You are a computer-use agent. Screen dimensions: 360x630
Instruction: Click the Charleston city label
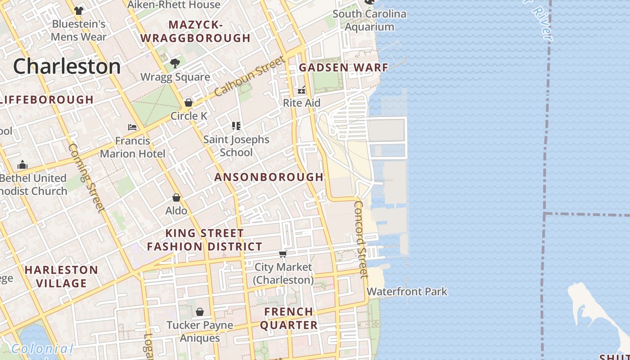tap(67, 67)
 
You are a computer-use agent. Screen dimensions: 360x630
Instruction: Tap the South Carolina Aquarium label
tap(369, 20)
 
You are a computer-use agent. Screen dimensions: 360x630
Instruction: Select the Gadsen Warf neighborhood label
tap(343, 68)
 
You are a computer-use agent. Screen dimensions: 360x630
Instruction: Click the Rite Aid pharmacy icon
tap(301, 90)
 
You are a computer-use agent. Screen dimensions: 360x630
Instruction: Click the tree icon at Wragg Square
tap(175, 63)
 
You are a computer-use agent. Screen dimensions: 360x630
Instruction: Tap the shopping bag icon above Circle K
tap(189, 103)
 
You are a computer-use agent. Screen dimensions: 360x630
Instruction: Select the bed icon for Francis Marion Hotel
tap(132, 127)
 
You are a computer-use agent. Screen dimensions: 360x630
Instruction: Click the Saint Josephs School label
tap(236, 146)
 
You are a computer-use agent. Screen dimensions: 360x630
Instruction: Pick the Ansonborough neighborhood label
tap(269, 177)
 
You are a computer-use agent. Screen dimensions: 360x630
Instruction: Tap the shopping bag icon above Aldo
tap(176, 198)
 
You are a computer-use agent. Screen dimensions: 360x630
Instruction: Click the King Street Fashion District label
tap(204, 240)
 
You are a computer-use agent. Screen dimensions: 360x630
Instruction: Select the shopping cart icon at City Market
tap(283, 254)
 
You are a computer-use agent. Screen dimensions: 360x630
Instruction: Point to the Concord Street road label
tap(360, 239)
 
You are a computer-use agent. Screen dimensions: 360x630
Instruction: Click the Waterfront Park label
tap(407, 292)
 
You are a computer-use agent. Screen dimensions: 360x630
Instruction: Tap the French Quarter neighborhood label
tap(288, 318)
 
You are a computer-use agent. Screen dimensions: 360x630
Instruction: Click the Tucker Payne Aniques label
tap(200, 331)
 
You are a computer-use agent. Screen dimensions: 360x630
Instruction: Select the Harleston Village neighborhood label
tap(61, 276)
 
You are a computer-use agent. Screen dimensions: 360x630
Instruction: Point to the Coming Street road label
tap(86, 177)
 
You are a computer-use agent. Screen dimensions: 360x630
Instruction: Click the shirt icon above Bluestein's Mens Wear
tap(79, 10)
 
